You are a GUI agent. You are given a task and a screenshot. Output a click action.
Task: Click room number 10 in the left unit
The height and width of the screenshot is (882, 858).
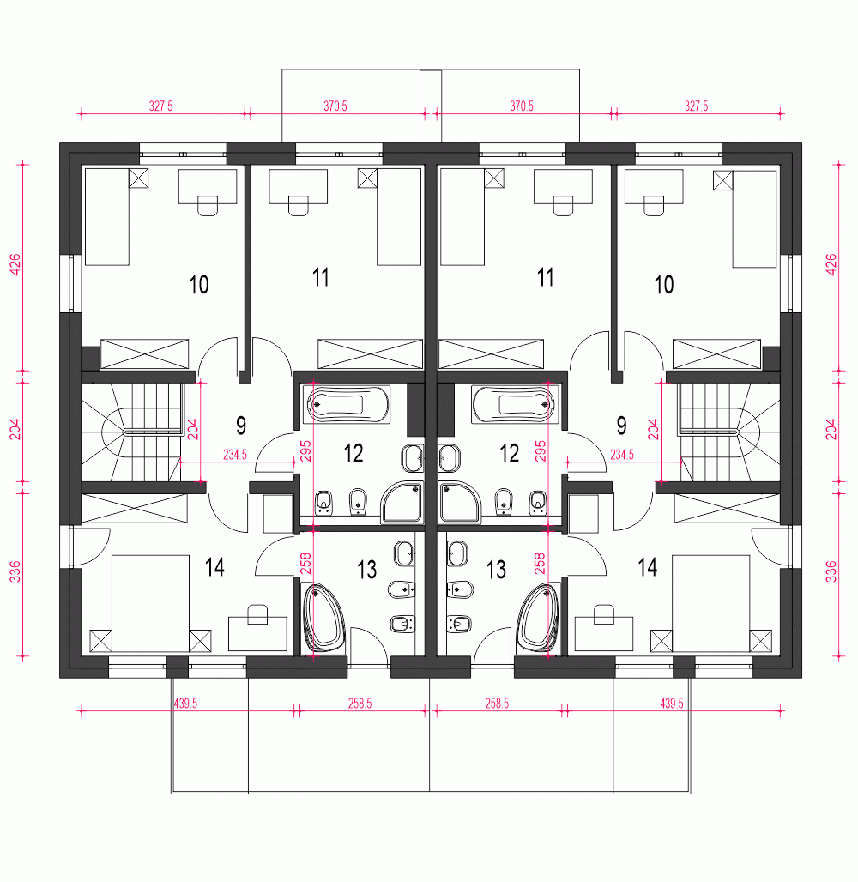click(199, 285)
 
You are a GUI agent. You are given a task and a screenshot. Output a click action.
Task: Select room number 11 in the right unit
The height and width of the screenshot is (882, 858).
click(545, 277)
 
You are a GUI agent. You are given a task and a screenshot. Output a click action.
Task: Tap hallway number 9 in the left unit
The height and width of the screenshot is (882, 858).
click(241, 426)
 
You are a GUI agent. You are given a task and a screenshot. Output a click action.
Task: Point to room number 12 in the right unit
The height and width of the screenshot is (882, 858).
click(509, 453)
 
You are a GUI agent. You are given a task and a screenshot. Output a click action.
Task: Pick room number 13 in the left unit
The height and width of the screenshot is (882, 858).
click(367, 570)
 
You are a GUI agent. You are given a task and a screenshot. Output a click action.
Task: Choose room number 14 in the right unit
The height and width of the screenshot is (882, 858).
click(648, 568)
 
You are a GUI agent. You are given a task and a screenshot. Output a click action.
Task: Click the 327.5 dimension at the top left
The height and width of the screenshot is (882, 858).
click(161, 106)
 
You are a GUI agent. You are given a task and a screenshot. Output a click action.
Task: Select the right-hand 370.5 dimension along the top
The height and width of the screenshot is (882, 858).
click(522, 106)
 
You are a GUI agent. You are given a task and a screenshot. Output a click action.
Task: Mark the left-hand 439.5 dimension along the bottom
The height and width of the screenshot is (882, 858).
click(185, 704)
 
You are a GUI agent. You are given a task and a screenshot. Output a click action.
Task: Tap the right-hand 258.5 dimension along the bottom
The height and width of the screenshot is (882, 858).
click(497, 704)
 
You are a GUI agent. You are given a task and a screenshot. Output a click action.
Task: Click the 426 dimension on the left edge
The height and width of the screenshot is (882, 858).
click(15, 265)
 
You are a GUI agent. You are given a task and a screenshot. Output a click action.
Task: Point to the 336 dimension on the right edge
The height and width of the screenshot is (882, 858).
click(831, 571)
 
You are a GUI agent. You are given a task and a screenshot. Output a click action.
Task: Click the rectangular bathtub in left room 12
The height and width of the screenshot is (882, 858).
click(346, 404)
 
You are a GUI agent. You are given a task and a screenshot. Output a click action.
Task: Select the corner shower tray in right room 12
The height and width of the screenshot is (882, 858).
click(460, 502)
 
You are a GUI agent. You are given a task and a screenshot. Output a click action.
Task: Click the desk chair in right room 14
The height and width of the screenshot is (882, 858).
click(604, 614)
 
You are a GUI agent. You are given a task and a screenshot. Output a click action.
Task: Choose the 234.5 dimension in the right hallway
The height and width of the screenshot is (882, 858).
click(622, 455)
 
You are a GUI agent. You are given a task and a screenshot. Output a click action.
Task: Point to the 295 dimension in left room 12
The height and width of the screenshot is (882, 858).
click(305, 451)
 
